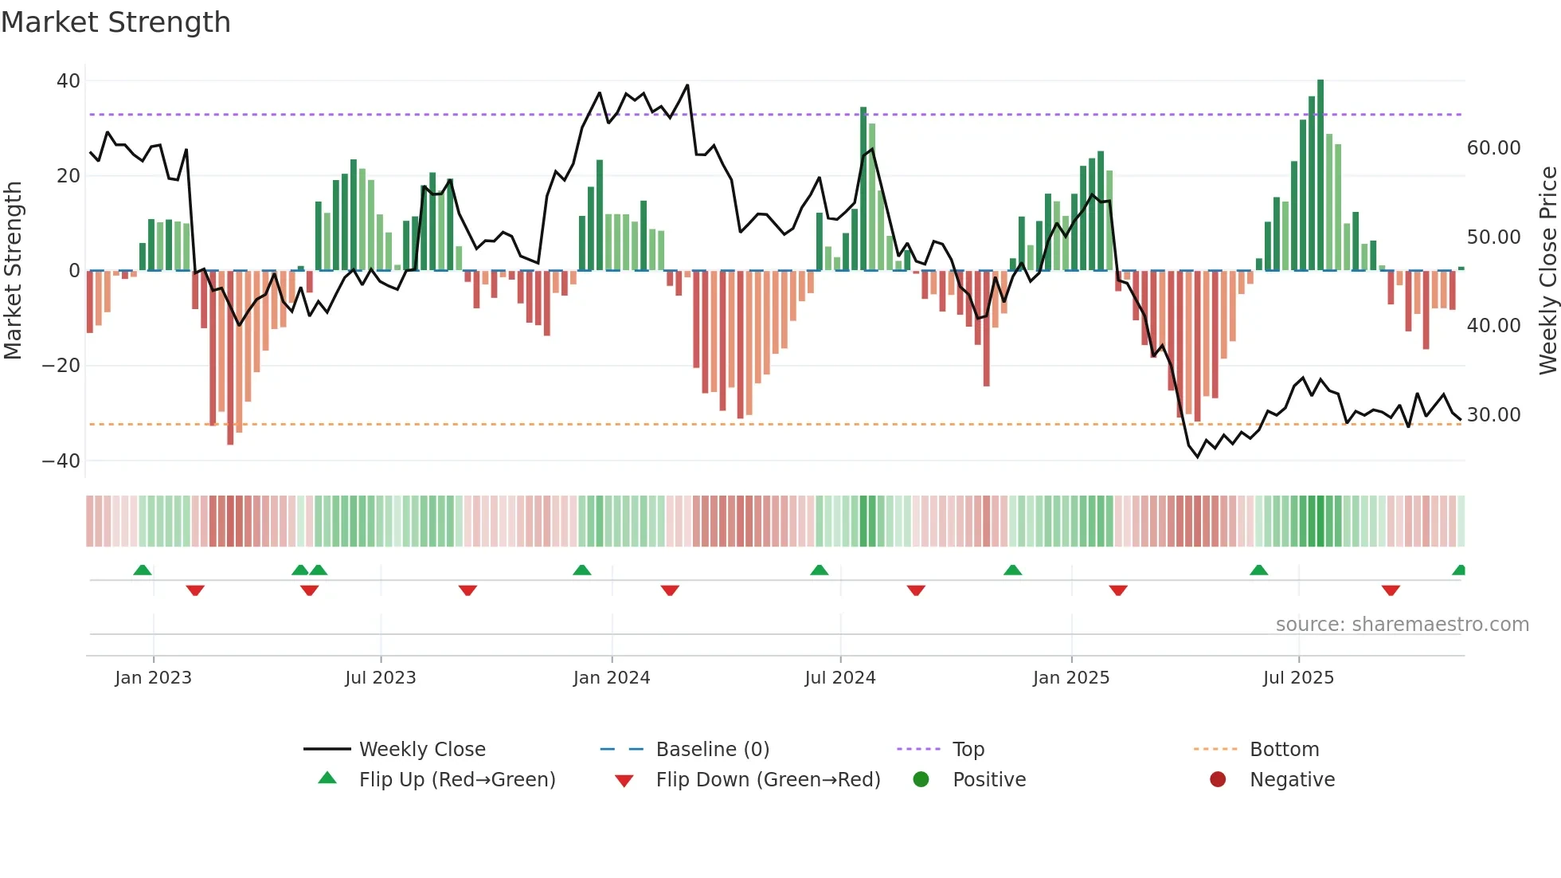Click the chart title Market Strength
point(115,22)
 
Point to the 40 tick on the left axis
point(68,81)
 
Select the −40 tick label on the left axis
point(61,461)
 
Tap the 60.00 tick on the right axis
point(1493,148)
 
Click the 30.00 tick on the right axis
point(1493,415)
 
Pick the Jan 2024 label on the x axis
point(611,678)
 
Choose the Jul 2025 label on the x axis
point(1297,678)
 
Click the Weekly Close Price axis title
point(1547,271)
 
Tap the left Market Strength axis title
point(13,271)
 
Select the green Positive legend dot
point(921,780)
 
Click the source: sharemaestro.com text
point(1402,625)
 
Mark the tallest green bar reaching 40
point(1320,175)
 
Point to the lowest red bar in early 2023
point(230,359)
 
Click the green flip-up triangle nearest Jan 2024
point(582,570)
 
